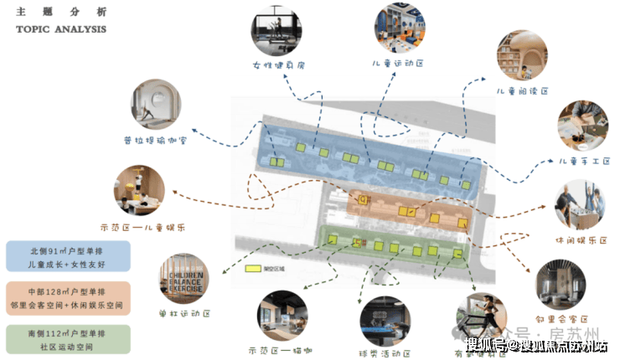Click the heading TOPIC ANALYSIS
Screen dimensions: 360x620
pyautogui.click(x=61, y=29)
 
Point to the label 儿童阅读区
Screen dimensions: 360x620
pyautogui.click(x=522, y=90)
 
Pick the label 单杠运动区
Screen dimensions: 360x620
pyautogui.click(x=184, y=314)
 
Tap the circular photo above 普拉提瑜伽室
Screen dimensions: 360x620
pyautogui.click(x=157, y=104)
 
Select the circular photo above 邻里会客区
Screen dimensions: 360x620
pyautogui.click(x=561, y=285)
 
